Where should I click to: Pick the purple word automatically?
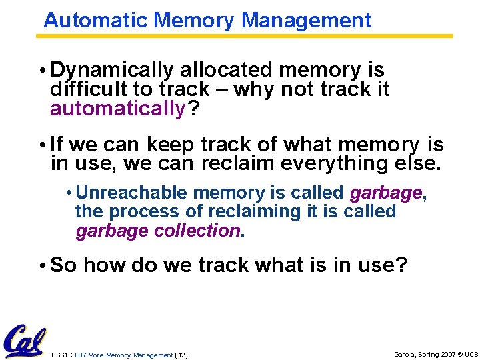tap(117, 108)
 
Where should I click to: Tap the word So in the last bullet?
tap(64, 265)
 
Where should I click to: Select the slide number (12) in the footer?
tap(181, 355)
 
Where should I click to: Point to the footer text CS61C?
tap(62, 355)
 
